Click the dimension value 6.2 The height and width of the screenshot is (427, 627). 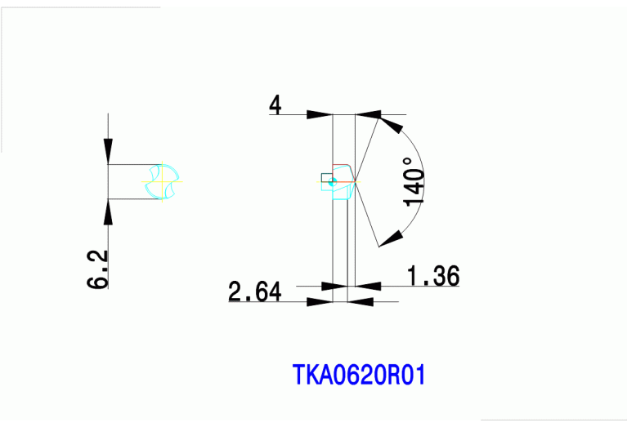pyautogui.click(x=97, y=269)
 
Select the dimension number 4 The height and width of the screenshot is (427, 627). pyautogui.click(x=275, y=105)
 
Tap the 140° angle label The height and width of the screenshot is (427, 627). pyautogui.click(x=414, y=182)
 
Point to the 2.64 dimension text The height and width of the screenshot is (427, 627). pyautogui.click(x=255, y=291)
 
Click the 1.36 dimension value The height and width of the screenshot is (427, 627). pyautogui.click(x=433, y=276)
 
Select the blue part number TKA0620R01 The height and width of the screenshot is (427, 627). pyautogui.click(x=359, y=374)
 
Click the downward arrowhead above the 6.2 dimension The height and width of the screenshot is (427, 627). pyautogui.click(x=108, y=151)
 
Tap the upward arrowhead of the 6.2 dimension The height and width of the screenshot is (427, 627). pyautogui.click(x=108, y=211)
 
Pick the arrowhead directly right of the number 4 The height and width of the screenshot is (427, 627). pyautogui.click(x=320, y=114)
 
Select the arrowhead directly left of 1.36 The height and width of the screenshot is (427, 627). pyautogui.click(x=369, y=286)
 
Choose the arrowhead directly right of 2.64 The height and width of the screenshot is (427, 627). pyautogui.click(x=320, y=301)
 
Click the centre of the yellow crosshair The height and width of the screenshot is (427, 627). pyautogui.click(x=162, y=182)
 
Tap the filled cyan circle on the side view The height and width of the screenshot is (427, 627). pyautogui.click(x=332, y=182)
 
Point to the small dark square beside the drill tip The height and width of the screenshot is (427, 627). pyautogui.click(x=327, y=178)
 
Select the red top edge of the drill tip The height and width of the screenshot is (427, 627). pyautogui.click(x=341, y=164)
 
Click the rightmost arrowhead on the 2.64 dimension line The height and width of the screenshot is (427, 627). pyautogui.click(x=361, y=301)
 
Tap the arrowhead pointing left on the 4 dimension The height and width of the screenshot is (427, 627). pyautogui.click(x=369, y=114)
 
